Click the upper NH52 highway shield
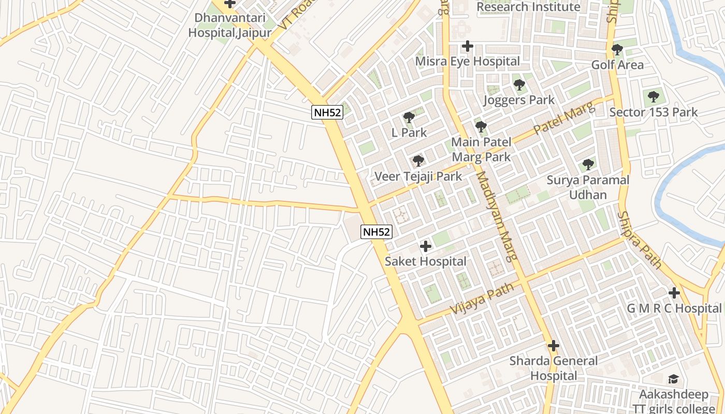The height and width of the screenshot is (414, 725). pyautogui.click(x=327, y=112)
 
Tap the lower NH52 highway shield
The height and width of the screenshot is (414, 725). pyautogui.click(x=376, y=232)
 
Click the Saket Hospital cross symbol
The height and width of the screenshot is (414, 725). pyautogui.click(x=426, y=246)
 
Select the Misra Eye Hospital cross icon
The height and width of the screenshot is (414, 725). pyautogui.click(x=468, y=46)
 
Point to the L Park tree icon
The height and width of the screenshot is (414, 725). pyautogui.click(x=409, y=117)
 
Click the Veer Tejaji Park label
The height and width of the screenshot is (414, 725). pyautogui.click(x=418, y=176)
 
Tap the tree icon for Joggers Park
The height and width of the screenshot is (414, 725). pyautogui.click(x=519, y=85)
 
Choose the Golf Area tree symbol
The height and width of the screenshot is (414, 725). pyautogui.click(x=617, y=50)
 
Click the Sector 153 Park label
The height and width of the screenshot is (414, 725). pyautogui.click(x=654, y=112)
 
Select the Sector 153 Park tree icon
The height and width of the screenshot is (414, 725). pyautogui.click(x=654, y=96)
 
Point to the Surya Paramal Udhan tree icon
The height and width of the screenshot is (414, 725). pyautogui.click(x=588, y=165)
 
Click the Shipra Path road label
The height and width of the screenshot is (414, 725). pyautogui.click(x=640, y=240)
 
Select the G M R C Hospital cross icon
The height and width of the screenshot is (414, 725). pyautogui.click(x=674, y=293)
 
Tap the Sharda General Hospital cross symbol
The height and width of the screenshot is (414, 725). pyautogui.click(x=554, y=345)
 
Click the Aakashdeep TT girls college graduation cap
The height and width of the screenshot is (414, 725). pyautogui.click(x=673, y=379)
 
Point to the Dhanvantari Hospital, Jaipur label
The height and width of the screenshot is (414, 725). pyautogui.click(x=229, y=25)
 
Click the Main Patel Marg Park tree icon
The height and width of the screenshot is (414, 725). pyautogui.click(x=481, y=126)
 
